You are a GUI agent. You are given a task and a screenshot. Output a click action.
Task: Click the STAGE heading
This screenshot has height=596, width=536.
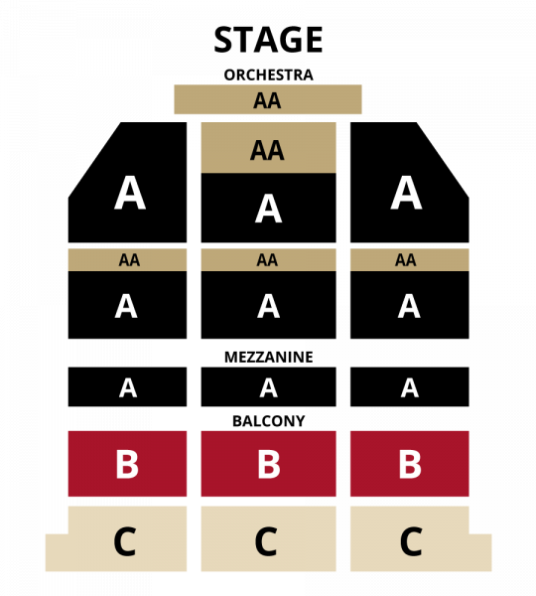[x=268, y=40]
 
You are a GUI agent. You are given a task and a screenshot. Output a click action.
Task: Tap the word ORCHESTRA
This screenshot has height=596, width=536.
[x=268, y=74]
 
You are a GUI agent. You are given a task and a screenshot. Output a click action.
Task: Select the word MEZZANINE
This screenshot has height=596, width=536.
[x=269, y=357]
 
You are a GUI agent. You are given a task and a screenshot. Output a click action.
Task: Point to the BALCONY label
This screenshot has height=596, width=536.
[x=269, y=421]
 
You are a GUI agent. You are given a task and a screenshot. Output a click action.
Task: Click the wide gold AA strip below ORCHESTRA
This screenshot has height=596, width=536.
[x=268, y=99]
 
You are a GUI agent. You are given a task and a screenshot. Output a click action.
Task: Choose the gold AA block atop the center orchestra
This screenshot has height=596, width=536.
[x=269, y=148]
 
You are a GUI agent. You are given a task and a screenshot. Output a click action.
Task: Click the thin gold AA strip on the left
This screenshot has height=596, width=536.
[x=128, y=260]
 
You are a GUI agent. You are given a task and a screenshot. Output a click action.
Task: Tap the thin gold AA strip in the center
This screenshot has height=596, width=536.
[x=269, y=260]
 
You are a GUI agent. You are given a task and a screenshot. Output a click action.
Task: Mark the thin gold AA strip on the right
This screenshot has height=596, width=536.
[x=410, y=260]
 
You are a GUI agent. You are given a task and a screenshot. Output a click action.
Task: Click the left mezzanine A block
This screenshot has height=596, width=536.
[x=128, y=387]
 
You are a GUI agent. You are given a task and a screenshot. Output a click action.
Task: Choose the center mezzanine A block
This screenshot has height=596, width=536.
[x=269, y=387]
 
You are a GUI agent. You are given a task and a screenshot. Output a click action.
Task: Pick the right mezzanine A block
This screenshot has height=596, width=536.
[x=410, y=387]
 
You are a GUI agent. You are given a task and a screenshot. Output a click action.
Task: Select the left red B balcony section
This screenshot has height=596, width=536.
[x=128, y=464]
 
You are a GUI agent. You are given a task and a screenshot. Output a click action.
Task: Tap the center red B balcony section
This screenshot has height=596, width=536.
[x=269, y=464]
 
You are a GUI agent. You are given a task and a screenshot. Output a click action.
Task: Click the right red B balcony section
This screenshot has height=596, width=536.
[x=410, y=464]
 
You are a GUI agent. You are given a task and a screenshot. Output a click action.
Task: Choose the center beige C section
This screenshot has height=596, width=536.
[x=269, y=539]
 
